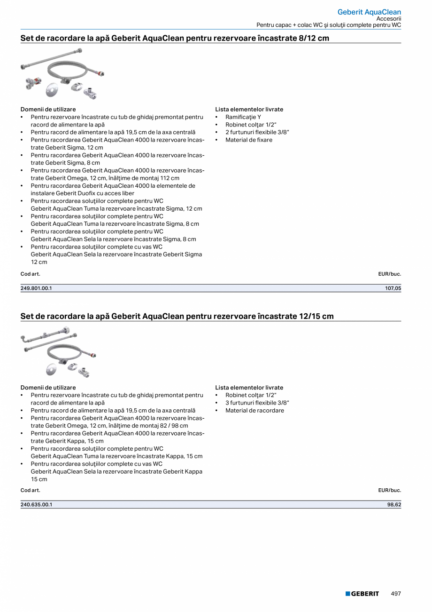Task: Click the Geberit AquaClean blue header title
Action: click(369, 12)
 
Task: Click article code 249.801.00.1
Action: click(36, 288)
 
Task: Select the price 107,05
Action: click(393, 288)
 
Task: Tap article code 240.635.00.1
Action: click(36, 504)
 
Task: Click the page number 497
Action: click(396, 594)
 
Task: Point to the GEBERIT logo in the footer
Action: click(362, 594)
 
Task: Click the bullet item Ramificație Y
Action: click(243, 117)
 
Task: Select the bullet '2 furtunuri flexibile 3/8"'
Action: click(257, 132)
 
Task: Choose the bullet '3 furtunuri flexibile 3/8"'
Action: click(257, 403)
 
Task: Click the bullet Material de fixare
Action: click(248, 140)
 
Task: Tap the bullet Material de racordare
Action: click(255, 410)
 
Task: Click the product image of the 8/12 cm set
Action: click(62, 74)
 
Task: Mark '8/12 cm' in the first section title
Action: click(314, 38)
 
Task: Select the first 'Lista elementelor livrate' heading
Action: click(249, 109)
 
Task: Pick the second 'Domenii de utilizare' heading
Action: click(48, 388)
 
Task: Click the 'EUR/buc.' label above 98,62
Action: click(389, 490)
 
